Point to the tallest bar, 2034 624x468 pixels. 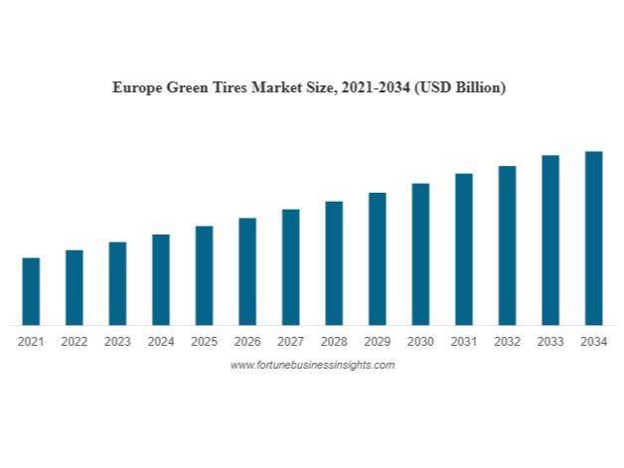[x=593, y=237]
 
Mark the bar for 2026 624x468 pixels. [x=247, y=271]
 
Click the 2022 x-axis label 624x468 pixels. [x=74, y=342]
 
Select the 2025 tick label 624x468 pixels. [x=204, y=342]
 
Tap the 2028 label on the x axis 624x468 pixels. [x=334, y=342]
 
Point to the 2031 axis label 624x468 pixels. [x=463, y=342]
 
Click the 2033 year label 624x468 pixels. [x=550, y=342]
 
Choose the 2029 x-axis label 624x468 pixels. [x=377, y=342]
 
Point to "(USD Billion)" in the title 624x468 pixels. [x=461, y=87]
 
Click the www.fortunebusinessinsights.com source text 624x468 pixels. [x=312, y=366]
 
